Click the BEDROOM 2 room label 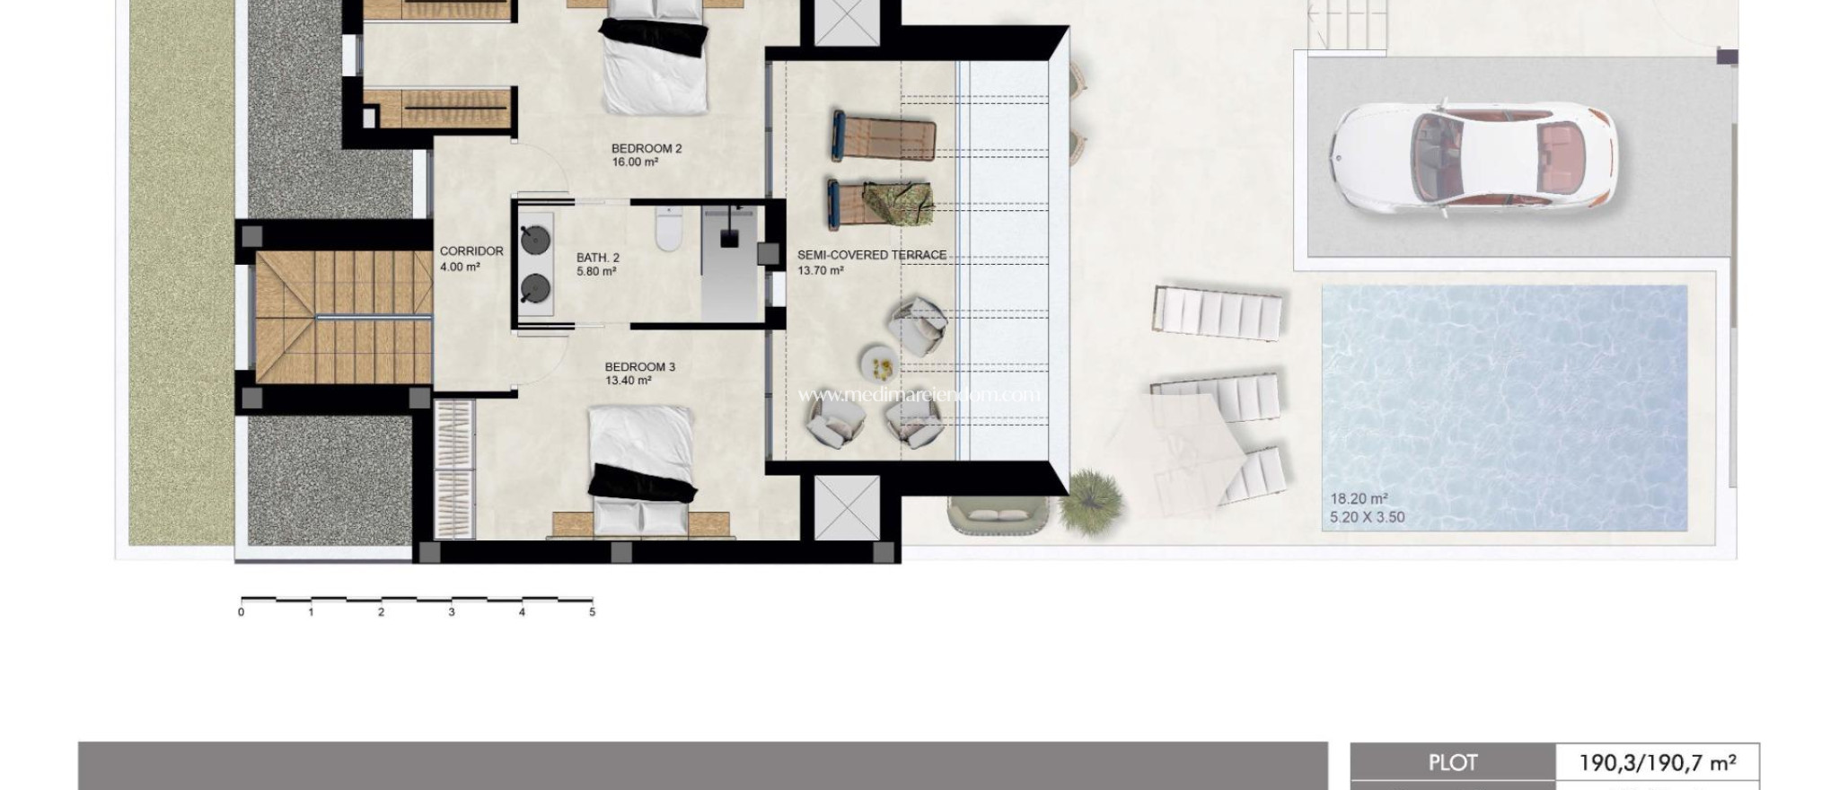(647, 149)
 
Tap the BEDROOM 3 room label (639, 367)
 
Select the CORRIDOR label (471, 251)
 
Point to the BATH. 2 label (597, 258)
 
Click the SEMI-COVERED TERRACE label (871, 255)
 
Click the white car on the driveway (1473, 158)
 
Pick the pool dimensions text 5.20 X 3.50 (1367, 517)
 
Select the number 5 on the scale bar (592, 612)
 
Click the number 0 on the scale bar (241, 612)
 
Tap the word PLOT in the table (1452, 763)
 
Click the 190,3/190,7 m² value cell (1657, 763)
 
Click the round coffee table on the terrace (879, 364)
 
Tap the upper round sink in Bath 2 (536, 241)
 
